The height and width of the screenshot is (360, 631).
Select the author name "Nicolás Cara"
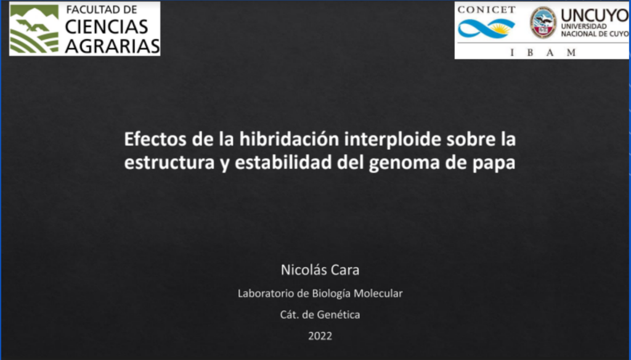pyautogui.click(x=320, y=270)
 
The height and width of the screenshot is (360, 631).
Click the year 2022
pyautogui.click(x=320, y=336)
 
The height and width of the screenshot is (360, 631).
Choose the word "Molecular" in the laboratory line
pyautogui.click(x=378, y=293)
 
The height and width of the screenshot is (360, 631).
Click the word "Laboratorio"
pyautogui.click(x=266, y=293)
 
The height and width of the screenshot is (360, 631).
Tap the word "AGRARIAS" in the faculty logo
pyautogui.click(x=112, y=46)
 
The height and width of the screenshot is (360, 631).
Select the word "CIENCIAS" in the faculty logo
pyautogui.click(x=107, y=27)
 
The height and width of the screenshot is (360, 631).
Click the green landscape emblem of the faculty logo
pyautogui.click(x=35, y=29)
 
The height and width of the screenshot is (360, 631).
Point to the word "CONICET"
pyautogui.click(x=487, y=10)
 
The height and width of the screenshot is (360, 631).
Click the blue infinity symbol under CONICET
pyautogui.click(x=487, y=28)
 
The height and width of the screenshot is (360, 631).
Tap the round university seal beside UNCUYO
pyautogui.click(x=543, y=23)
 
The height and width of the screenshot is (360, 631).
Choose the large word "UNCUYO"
pyautogui.click(x=595, y=15)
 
